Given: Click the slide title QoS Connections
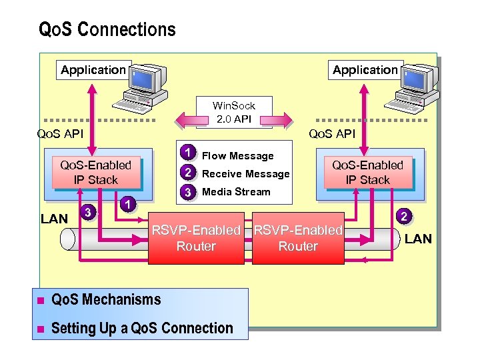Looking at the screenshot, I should (107, 30).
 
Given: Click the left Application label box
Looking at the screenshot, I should (93, 69).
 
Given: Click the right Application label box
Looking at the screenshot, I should (365, 69).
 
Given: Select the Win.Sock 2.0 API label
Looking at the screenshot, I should (233, 112).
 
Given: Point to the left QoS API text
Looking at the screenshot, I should (60, 134).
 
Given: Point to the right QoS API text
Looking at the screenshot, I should (331, 134).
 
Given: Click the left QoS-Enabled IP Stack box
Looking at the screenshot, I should (96, 172).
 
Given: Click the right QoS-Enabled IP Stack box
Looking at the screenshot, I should (367, 172).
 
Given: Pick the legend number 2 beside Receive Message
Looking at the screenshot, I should (189, 173).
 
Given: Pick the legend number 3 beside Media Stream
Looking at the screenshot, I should (189, 192).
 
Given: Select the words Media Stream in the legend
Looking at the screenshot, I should (236, 192).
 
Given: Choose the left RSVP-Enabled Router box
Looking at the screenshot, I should (196, 238).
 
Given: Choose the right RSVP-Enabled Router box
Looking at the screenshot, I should (298, 238).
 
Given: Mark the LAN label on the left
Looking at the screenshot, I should (54, 218).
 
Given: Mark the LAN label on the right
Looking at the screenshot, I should (418, 239).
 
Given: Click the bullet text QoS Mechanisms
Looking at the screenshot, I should (106, 299).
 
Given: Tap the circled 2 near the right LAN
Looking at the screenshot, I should (403, 215).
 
